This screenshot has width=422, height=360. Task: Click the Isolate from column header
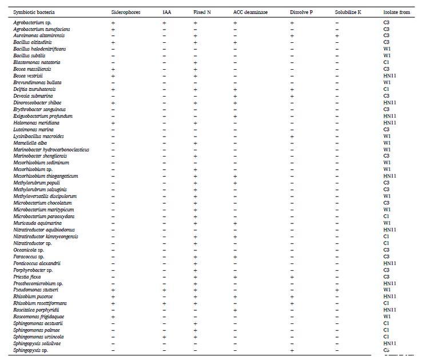point(396,12)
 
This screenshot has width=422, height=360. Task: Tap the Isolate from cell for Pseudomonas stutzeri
point(387,290)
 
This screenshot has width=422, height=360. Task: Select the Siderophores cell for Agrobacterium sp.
point(113,22)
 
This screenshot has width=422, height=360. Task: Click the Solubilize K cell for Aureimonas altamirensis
point(337,35)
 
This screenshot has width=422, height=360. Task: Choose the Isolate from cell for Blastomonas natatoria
point(387,62)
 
